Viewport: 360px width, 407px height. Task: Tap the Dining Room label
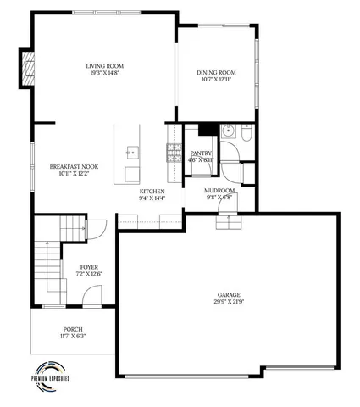coord(216,73)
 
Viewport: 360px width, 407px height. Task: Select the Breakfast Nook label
coord(74,167)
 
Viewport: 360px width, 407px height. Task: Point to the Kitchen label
coord(152,192)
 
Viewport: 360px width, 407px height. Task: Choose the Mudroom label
coord(219,191)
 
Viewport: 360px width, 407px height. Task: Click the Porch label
coord(74,329)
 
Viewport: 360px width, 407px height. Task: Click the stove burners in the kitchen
coord(174,153)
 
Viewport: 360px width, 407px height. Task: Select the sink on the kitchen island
coord(133,153)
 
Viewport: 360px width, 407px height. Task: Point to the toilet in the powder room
coord(243,134)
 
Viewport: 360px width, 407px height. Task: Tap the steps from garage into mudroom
coord(229,222)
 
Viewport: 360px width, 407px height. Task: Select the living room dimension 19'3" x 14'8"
coord(106,73)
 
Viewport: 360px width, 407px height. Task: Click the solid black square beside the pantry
coord(206,130)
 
